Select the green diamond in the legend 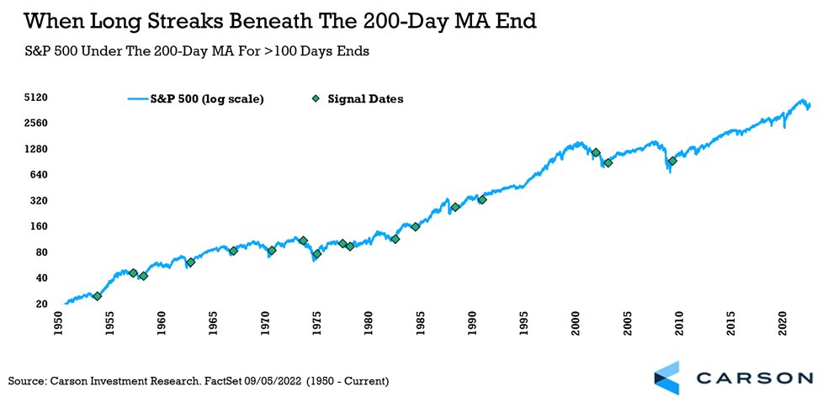coord(316,99)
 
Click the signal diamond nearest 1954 coord(98,296)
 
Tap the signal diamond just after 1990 coord(482,199)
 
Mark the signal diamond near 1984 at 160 coord(416,226)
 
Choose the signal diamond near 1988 coord(455,207)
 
